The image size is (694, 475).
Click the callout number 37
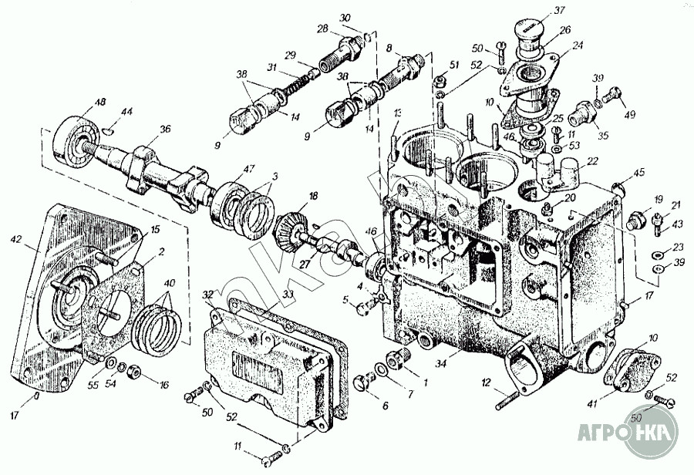[x=558, y=11]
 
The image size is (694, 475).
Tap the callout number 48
[x=100, y=103]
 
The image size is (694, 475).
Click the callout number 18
[x=314, y=197]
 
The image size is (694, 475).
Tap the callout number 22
[x=593, y=161]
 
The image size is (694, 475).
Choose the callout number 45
[x=638, y=172]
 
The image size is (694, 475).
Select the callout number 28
[x=322, y=28]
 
